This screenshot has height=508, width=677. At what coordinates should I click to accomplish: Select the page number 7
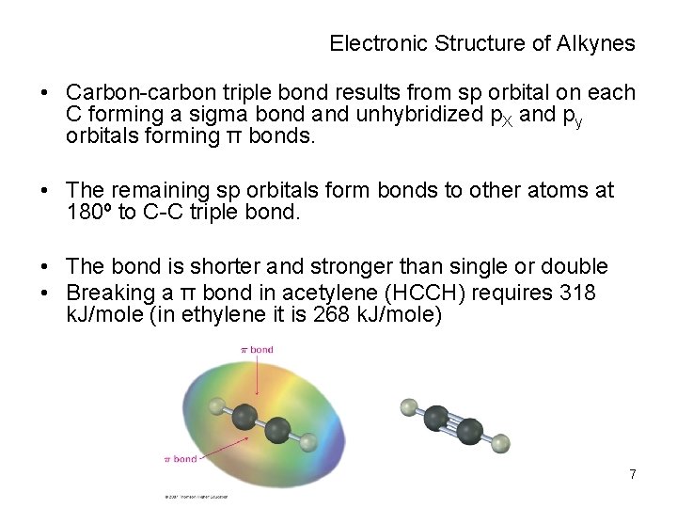tap(633, 474)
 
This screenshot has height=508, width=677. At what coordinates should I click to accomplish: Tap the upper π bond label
tap(257, 349)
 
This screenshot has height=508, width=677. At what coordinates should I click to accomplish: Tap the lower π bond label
tap(181, 459)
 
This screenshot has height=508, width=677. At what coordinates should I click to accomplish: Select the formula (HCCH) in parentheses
tap(429, 293)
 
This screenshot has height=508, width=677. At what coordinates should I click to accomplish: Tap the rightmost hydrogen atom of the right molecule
tap(501, 441)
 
